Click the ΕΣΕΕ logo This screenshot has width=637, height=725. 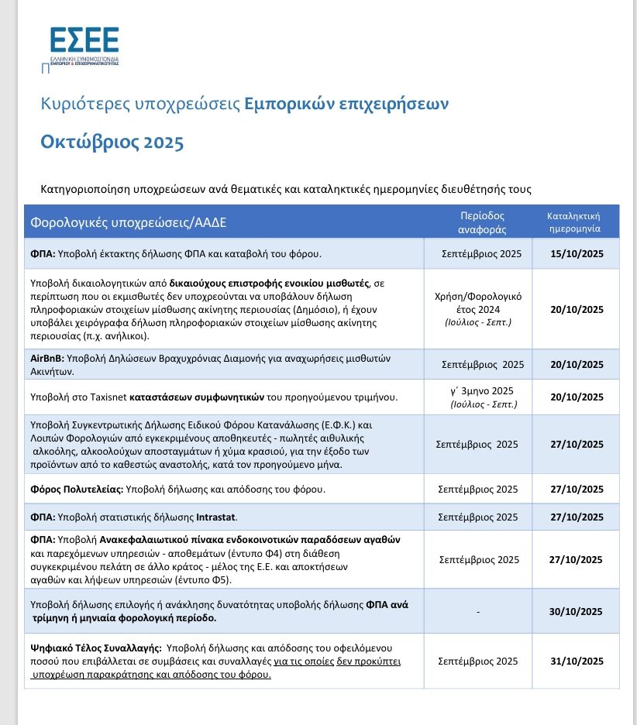point(84,46)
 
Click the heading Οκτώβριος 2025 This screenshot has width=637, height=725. point(112,143)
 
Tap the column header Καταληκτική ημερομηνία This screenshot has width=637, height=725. point(574,222)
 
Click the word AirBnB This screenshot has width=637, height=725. point(46,359)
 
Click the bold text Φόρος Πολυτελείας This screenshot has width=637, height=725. point(76,490)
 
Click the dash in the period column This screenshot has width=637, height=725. point(479,612)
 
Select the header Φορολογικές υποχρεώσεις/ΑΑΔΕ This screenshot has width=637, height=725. point(129,223)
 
